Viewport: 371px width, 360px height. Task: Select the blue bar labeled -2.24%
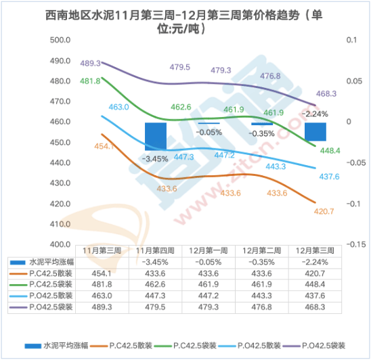(x=315, y=131)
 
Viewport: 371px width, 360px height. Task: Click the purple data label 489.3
(x=90, y=63)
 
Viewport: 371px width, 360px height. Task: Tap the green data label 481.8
(x=90, y=81)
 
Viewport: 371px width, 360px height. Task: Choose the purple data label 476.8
(x=269, y=76)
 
